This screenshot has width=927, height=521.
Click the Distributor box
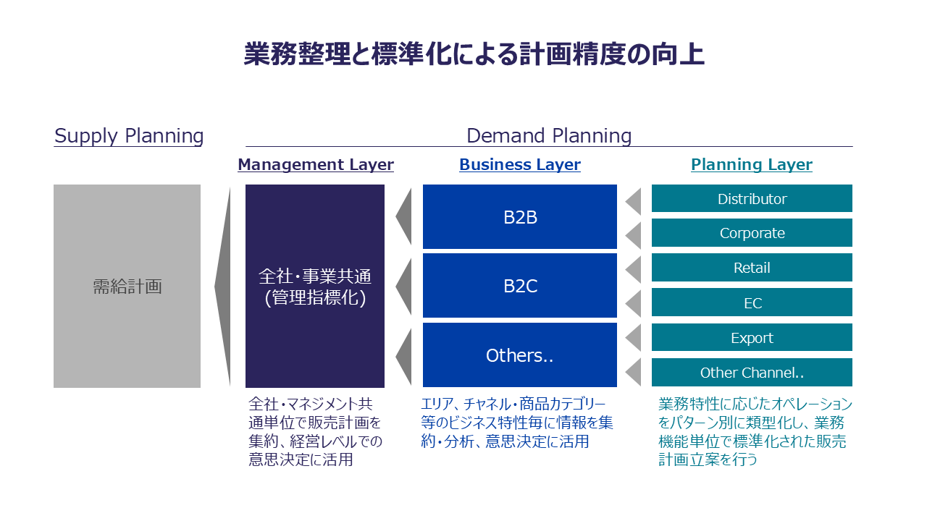(x=752, y=199)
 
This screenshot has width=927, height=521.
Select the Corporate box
(x=752, y=233)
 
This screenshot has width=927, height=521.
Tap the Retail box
(x=752, y=268)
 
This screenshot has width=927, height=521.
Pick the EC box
(x=752, y=302)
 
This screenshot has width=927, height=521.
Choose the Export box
(x=752, y=337)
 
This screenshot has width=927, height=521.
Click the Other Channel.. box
(x=752, y=373)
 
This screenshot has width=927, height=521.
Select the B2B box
(x=520, y=217)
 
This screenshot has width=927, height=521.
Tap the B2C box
(x=520, y=286)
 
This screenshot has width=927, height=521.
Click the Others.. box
(x=520, y=355)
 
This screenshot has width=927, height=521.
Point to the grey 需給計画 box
(x=127, y=286)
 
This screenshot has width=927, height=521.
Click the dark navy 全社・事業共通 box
(x=315, y=286)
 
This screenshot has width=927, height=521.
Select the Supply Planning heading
(x=129, y=136)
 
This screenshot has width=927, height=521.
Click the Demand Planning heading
(x=549, y=136)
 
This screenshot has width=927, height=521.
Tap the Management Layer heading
(x=316, y=165)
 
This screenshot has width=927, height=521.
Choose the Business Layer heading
(x=520, y=165)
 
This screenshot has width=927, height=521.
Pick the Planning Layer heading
(x=752, y=165)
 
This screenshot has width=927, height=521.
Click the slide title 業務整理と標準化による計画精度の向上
(x=474, y=55)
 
